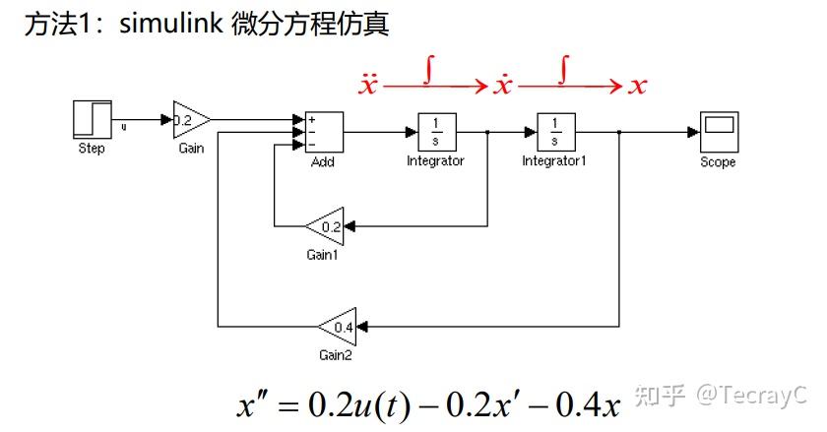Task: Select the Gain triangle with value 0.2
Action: pos(189,121)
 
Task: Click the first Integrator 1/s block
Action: pos(435,130)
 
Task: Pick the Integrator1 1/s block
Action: pos(554,130)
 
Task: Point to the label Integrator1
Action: pos(554,160)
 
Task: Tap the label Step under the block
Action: pos(92,150)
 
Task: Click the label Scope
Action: pos(718,162)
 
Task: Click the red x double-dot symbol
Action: pos(367,84)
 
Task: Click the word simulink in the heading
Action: pos(172,25)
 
